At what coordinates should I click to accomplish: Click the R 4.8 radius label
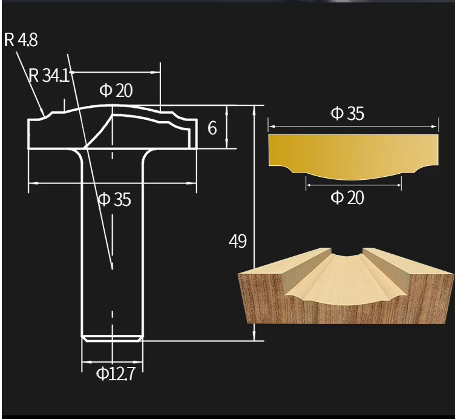coord(22,40)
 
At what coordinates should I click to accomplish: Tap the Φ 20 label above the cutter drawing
coord(116,91)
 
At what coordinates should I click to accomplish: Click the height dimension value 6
coord(212,128)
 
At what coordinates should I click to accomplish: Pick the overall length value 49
coord(238,241)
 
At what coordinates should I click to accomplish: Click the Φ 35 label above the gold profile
coord(347,113)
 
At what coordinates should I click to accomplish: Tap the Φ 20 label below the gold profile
coord(347,197)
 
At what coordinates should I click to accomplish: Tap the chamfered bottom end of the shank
coord(113,338)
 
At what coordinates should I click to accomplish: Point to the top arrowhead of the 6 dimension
coord(227,108)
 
